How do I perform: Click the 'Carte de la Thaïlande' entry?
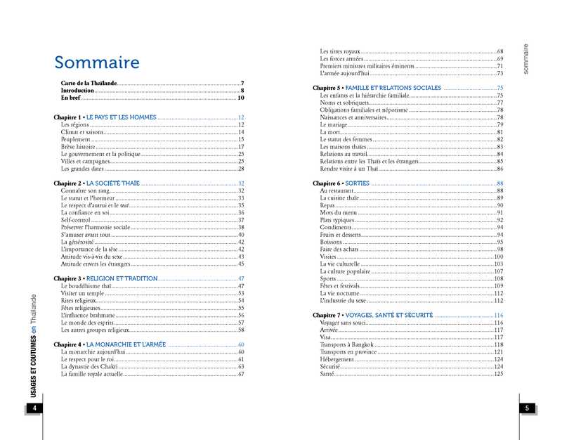89,84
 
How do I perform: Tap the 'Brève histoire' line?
77,147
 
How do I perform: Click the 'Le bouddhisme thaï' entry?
86,286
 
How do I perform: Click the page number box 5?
528,409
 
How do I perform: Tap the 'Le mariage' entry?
334,124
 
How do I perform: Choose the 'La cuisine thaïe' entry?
339,198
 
